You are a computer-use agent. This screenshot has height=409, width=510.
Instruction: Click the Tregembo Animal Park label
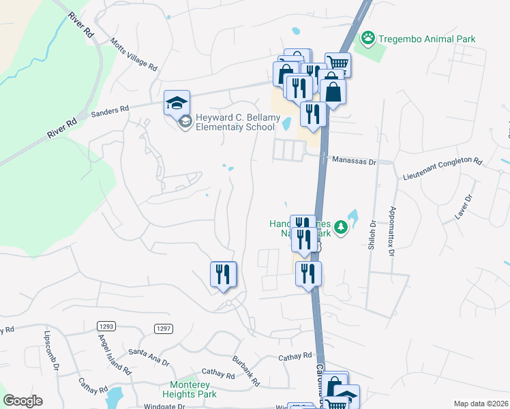click(427, 39)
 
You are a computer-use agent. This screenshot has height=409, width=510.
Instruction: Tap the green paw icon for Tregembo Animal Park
click(369, 37)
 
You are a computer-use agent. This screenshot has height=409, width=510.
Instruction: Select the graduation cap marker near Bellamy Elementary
click(176, 104)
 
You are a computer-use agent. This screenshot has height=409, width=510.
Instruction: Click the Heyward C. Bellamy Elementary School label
click(238, 123)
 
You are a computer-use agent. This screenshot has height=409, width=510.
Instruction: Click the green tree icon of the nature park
click(345, 228)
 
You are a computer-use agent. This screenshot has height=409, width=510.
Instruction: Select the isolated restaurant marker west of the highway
click(223, 275)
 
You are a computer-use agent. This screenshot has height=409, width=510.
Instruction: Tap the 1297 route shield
click(164, 329)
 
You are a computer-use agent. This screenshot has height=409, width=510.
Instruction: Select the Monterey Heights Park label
click(189, 390)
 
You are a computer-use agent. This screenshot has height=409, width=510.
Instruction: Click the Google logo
click(22, 401)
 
